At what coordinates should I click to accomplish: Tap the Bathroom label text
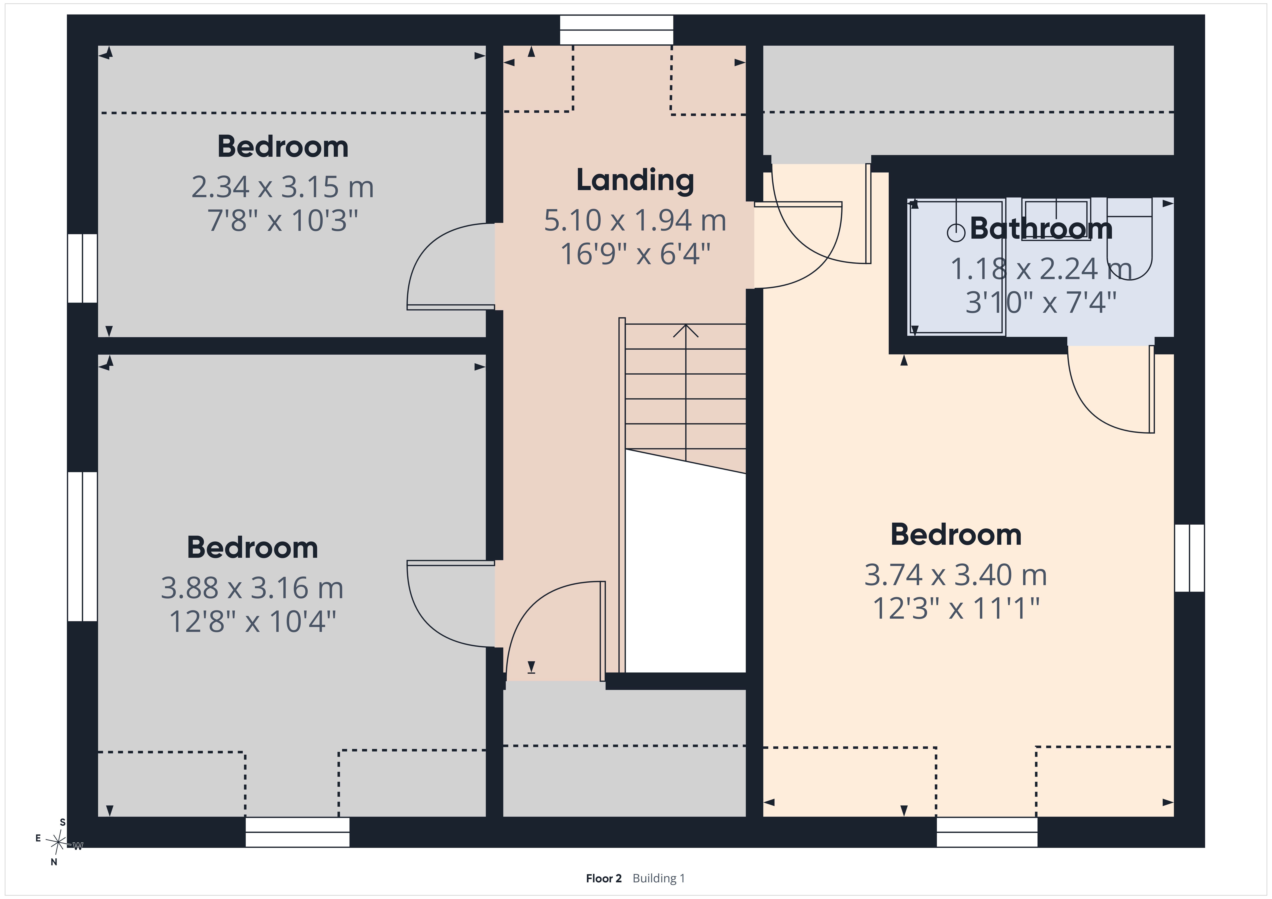coord(1041,228)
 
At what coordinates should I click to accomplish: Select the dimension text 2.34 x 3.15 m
coord(282,187)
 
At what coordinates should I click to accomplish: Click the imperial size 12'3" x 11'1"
coord(956,608)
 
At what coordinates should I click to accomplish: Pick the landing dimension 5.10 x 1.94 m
coord(635,221)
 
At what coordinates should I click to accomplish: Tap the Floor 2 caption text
coord(603,878)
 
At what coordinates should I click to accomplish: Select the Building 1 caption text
coord(659,878)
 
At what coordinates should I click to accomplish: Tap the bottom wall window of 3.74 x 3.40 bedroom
coord(987,832)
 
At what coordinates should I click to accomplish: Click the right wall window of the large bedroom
coord(1190,558)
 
